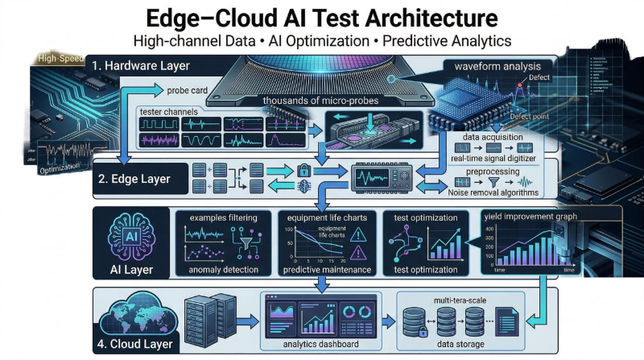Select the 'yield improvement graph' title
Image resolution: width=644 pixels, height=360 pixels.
[x=534, y=216]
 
